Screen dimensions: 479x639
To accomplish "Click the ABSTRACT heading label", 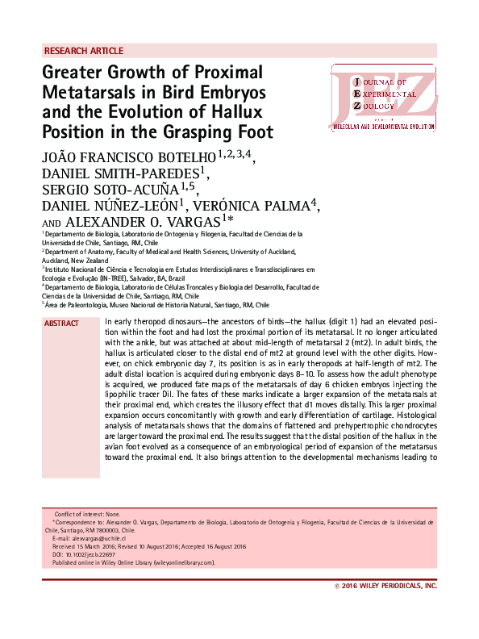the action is click(62, 324).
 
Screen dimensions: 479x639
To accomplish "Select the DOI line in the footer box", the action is click(84, 554).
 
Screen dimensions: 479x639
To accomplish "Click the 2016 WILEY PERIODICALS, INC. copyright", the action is click(386, 586).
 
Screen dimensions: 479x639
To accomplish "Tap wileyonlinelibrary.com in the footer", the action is click(181, 562).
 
